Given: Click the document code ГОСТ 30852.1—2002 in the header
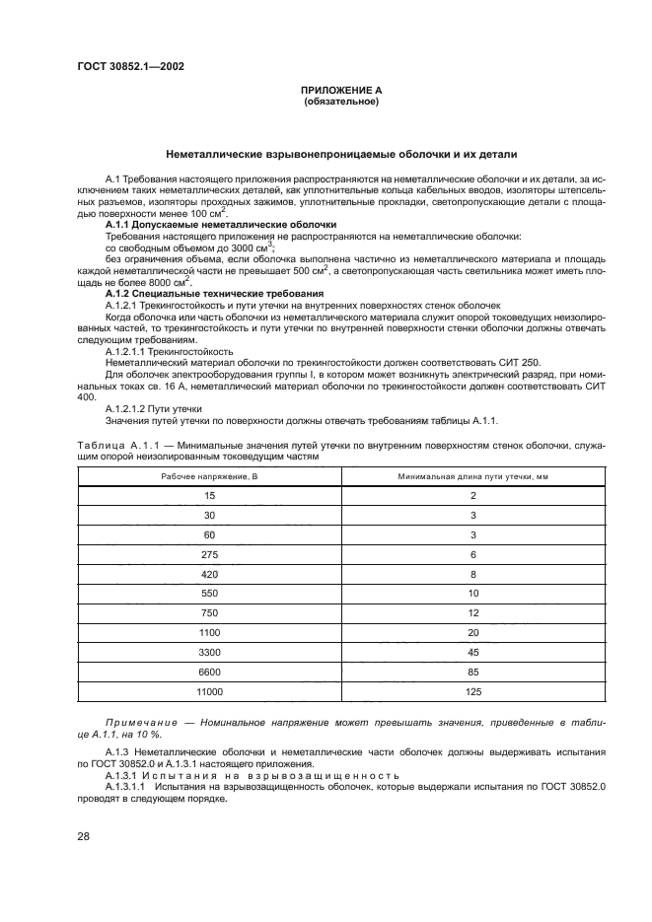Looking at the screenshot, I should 131,67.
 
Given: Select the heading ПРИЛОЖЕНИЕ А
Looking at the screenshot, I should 341,90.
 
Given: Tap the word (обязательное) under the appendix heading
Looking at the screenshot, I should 341,101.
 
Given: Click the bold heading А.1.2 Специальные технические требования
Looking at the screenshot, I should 213,294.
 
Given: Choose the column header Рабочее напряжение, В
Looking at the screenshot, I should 209,477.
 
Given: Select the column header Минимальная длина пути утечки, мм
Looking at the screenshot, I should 473,477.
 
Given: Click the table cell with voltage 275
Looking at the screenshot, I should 209,556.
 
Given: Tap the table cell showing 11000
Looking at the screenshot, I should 209,692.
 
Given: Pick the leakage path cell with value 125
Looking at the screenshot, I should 473,692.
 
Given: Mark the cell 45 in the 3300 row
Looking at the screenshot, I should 473,653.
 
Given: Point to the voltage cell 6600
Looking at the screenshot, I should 209,673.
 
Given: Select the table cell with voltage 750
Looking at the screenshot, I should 209,613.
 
